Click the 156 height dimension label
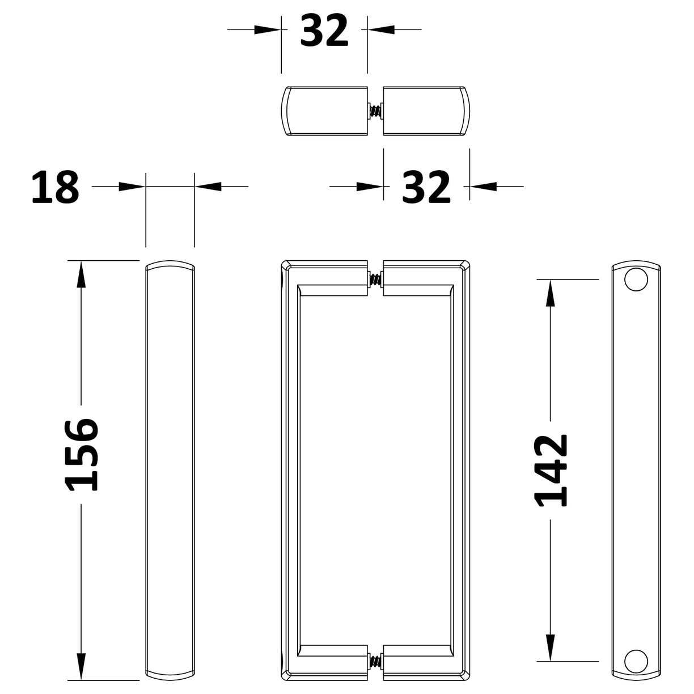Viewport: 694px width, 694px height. pyautogui.click(x=82, y=455)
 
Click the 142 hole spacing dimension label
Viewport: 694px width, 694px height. pyautogui.click(x=551, y=470)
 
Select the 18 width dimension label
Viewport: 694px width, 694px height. pyautogui.click(x=55, y=188)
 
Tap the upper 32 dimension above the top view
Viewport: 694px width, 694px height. pyautogui.click(x=324, y=31)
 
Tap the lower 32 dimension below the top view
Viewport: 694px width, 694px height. pyautogui.click(x=426, y=187)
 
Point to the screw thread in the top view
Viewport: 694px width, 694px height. pyautogui.click(x=375, y=111)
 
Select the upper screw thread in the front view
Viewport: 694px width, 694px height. pyautogui.click(x=375, y=280)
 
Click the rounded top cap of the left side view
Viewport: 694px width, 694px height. pyautogui.click(x=170, y=267)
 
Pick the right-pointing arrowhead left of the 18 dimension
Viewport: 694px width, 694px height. pyautogui.click(x=132, y=186)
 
